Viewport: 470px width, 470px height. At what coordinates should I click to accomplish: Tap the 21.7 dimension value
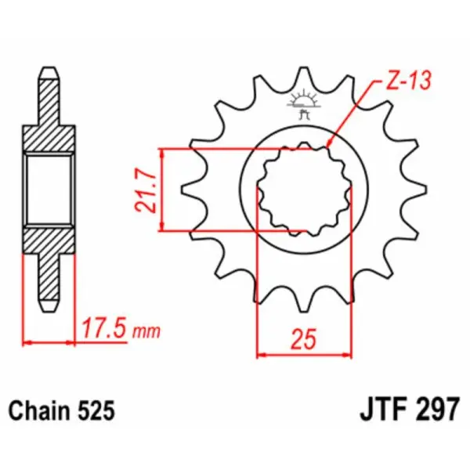click(x=143, y=190)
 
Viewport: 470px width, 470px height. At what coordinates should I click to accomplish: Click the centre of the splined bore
click(x=304, y=190)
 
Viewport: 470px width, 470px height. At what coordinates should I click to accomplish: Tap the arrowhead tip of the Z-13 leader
click(x=327, y=146)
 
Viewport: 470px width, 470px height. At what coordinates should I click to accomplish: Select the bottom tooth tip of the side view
click(x=49, y=305)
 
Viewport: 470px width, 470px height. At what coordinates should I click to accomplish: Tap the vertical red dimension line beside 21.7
click(x=162, y=190)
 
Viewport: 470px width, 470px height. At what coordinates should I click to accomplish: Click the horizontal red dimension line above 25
click(x=304, y=354)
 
